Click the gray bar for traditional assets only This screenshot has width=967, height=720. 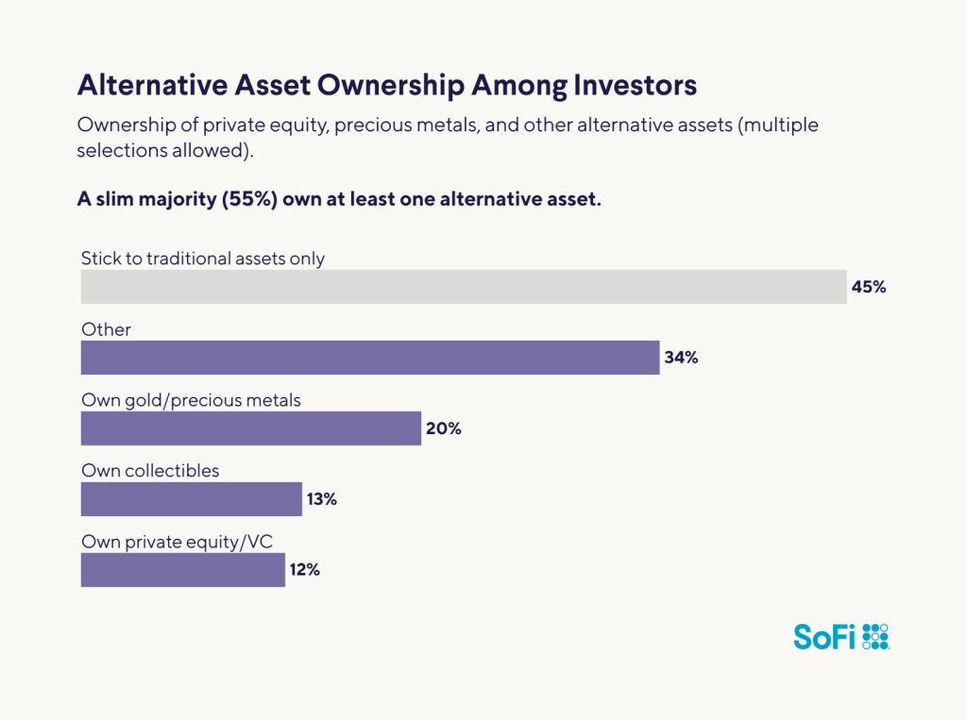[463, 287]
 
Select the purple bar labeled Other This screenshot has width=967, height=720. [369, 358]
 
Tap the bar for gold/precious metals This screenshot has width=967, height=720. [250, 428]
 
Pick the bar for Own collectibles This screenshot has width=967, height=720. [191, 499]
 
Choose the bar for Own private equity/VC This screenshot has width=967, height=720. [182, 570]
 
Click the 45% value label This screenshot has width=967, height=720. [869, 287]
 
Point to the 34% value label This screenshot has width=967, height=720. [681, 358]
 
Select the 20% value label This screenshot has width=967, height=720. [443, 428]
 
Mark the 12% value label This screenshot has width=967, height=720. [305, 570]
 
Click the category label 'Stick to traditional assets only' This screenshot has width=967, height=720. [202, 259]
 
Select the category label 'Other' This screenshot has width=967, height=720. [106, 329]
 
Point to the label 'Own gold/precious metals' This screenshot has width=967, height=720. [191, 400]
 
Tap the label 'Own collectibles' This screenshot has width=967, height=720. [150, 471]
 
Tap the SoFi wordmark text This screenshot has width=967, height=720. [823, 637]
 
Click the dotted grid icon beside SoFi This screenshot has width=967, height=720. [876, 637]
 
